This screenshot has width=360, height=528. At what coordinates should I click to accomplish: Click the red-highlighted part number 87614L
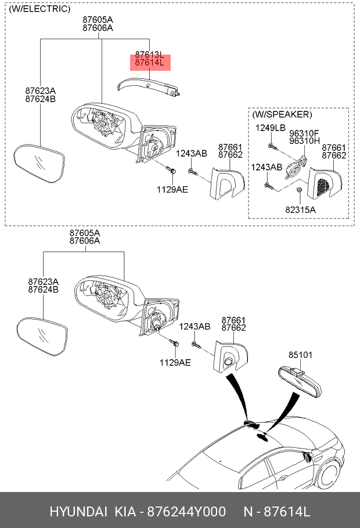(149, 63)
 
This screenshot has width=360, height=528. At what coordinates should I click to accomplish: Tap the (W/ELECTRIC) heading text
(40, 9)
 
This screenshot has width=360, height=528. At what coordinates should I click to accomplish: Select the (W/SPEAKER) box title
(282, 114)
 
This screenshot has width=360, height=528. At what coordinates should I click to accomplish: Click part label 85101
(300, 355)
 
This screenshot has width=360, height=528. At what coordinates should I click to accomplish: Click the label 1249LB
(271, 128)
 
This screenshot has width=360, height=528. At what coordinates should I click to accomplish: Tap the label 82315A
(300, 210)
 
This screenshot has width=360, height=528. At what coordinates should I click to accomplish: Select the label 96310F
(304, 133)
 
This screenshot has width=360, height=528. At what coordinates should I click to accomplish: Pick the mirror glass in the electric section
(39, 164)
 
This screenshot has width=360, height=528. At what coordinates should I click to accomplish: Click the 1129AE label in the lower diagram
(175, 362)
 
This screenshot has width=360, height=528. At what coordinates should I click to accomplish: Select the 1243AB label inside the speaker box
(267, 167)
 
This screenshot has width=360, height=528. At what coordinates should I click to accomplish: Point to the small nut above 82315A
(298, 190)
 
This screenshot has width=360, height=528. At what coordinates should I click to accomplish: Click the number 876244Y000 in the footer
(187, 512)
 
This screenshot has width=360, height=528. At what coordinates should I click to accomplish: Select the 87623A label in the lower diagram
(43, 281)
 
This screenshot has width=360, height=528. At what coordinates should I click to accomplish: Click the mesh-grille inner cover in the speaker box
(325, 185)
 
